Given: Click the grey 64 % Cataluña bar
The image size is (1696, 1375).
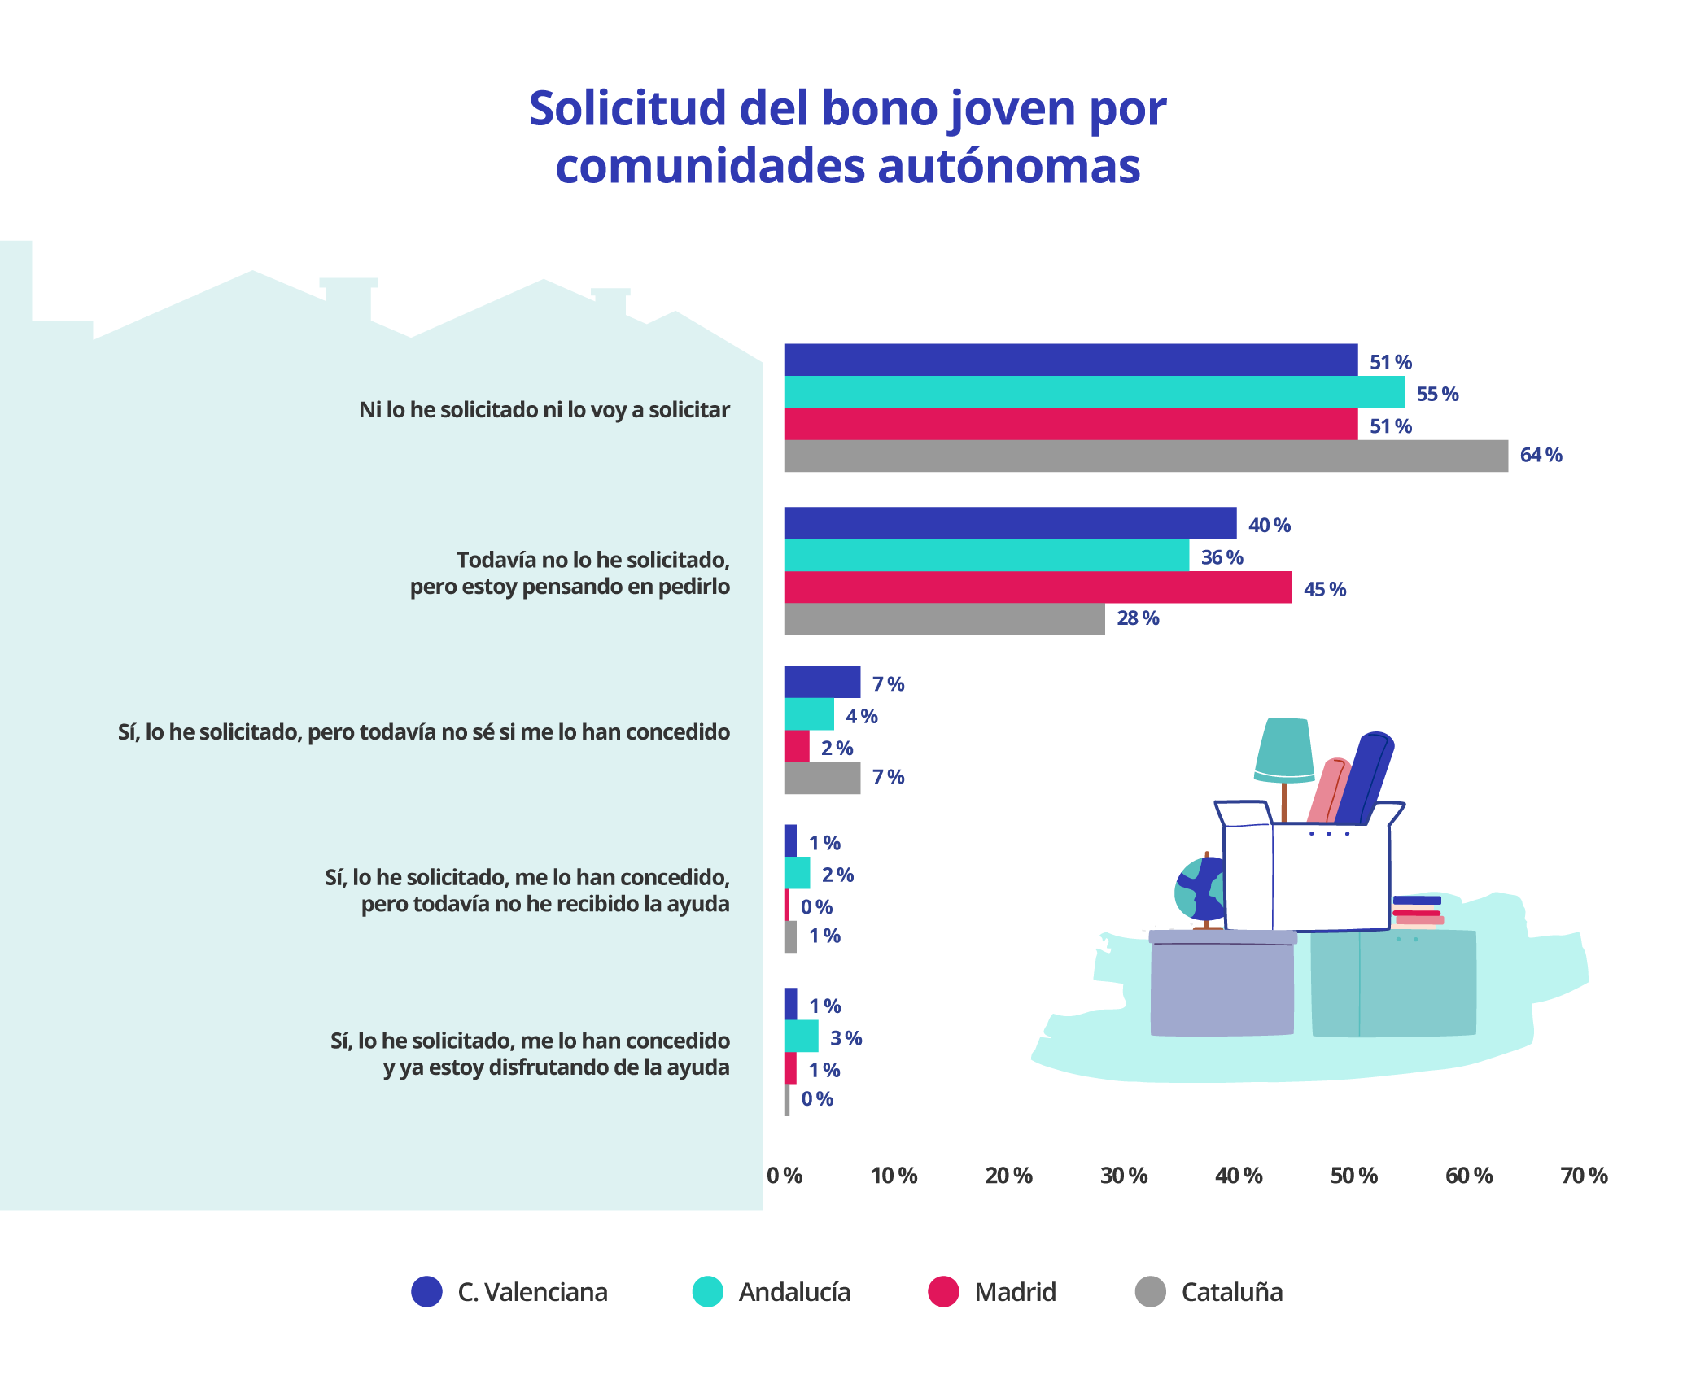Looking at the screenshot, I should (1145, 456).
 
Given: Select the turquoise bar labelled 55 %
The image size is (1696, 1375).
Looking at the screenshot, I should (1093, 392).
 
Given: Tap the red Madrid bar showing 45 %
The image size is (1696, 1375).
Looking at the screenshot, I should (1037, 587).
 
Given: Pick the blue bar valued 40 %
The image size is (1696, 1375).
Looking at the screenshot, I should (1009, 523).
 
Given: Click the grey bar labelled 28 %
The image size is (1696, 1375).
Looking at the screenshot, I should (944, 619).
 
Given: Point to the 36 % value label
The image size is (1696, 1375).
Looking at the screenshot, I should (1222, 557).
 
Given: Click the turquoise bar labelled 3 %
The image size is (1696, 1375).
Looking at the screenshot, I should (801, 1036).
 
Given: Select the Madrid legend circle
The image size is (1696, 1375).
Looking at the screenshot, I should (943, 1291).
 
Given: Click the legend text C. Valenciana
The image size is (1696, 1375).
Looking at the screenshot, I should (532, 1292).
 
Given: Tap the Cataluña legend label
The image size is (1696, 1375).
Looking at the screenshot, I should (1231, 1292).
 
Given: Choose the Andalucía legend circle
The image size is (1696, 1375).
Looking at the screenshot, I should (707, 1291).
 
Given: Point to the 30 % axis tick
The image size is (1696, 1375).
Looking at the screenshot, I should (1123, 1176).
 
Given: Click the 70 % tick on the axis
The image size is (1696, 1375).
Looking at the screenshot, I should (1583, 1176).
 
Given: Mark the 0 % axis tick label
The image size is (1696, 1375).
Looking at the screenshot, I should (784, 1176).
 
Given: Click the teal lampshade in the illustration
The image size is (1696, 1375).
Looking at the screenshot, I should (1283, 749).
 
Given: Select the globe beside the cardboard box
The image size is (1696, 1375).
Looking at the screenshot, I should (1200, 889).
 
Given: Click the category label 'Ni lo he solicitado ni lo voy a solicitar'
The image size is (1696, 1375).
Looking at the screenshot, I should (544, 409).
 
